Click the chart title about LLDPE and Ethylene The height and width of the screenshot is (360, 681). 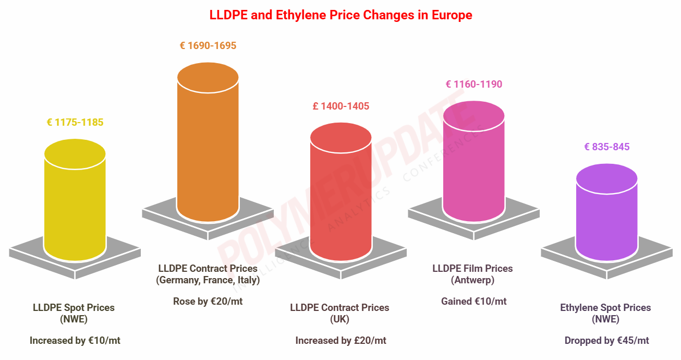(x=340, y=15)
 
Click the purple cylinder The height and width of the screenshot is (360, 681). (x=606, y=214)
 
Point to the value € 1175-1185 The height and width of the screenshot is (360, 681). (x=75, y=123)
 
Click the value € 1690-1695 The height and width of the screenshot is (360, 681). (x=208, y=46)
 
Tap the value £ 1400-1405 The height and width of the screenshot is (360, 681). (x=341, y=106)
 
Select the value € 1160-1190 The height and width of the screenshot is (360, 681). (x=474, y=84)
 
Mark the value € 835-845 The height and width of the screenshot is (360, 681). (x=607, y=147)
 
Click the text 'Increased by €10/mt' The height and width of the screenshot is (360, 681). (x=75, y=341)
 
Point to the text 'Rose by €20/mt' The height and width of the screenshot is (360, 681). (x=208, y=301)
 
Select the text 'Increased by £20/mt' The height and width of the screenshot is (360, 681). (x=341, y=341)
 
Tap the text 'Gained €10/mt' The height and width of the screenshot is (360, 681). (x=474, y=301)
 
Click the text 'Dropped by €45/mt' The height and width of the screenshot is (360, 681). (x=607, y=341)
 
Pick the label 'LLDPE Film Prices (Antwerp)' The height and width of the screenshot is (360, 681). (x=472, y=274)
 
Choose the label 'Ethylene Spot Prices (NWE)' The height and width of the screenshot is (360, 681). (x=606, y=313)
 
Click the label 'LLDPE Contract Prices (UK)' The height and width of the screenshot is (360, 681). (x=340, y=313)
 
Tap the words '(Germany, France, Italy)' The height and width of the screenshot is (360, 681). (x=208, y=280)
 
